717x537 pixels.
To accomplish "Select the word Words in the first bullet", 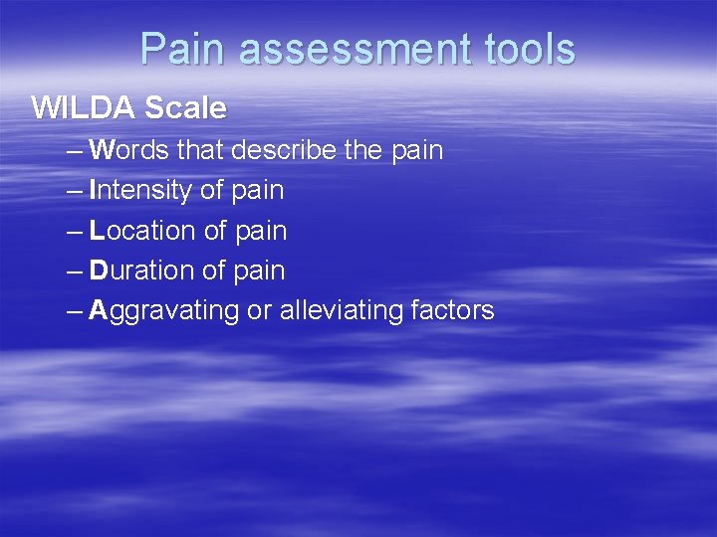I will tap(129, 151).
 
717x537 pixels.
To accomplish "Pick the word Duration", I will tap(142, 270).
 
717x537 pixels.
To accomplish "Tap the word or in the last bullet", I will tap(259, 311).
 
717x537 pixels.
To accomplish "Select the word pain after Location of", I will tap(260, 232).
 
